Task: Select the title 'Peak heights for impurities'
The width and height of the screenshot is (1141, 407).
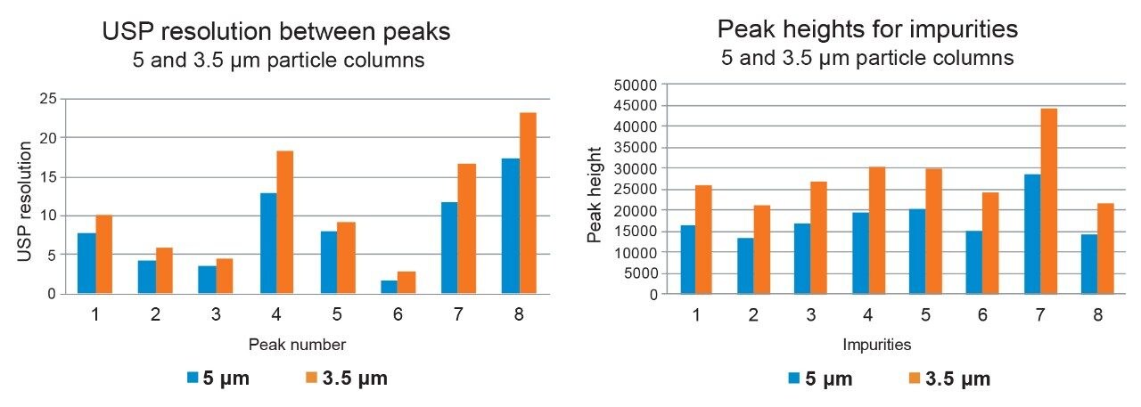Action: click(x=866, y=29)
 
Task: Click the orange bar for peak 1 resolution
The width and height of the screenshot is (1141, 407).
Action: click(x=103, y=254)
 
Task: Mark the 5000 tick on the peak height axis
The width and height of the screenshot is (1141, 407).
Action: click(x=639, y=273)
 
